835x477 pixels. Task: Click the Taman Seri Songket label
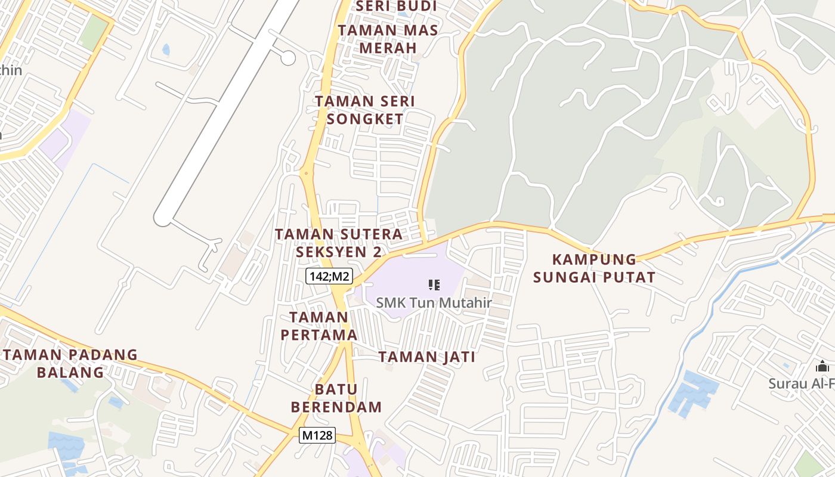point(365,110)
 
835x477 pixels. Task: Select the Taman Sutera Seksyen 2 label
point(339,243)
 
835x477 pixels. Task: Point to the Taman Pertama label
point(319,326)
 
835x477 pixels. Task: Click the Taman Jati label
point(427,357)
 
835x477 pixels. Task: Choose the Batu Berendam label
point(336,398)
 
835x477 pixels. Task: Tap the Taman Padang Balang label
point(70,364)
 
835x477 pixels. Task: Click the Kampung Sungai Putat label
point(594,268)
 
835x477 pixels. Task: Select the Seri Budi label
point(396,7)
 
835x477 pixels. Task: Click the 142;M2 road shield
point(329,276)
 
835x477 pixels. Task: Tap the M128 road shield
point(317,435)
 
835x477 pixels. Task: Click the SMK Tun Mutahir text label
point(434,303)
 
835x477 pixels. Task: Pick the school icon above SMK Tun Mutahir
point(434,285)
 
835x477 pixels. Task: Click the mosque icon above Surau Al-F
point(823,367)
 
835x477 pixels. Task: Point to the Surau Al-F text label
point(801,383)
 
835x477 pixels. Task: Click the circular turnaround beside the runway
point(288,58)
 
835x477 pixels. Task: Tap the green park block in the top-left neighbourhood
point(92,33)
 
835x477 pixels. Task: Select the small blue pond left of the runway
point(166,49)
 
